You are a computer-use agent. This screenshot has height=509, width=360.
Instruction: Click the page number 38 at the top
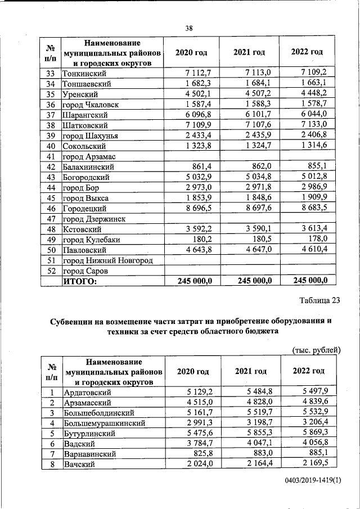pos(189,29)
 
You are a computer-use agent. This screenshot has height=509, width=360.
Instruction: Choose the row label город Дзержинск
pos(94,219)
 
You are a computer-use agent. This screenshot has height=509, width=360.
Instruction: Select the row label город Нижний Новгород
pos(107,260)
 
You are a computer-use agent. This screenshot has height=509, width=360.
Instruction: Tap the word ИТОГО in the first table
pos(80,281)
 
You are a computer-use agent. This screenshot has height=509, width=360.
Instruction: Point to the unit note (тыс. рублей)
pos(317,350)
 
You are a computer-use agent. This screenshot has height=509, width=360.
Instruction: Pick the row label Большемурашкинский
pos(106,423)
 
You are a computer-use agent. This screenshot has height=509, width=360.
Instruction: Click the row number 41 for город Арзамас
pos(51,156)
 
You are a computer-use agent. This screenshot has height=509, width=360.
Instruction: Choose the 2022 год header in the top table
pos(307,52)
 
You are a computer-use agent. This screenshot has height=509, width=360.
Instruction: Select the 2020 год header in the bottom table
pos(193,371)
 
